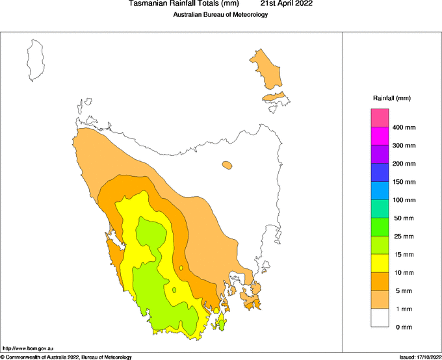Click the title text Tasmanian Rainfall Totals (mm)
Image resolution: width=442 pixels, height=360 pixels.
(180, 4)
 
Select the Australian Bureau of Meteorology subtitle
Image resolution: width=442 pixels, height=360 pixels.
(220, 15)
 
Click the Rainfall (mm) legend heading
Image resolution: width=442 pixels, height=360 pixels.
(391, 98)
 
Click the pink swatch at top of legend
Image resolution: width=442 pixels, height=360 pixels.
(380, 118)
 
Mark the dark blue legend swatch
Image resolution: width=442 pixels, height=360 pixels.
(380, 172)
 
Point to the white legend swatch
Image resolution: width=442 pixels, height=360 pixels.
(380, 318)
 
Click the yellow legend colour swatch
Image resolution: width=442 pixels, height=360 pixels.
(380, 263)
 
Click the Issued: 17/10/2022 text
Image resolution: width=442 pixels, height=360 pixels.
(419, 357)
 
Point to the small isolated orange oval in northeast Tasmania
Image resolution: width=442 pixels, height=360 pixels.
(226, 166)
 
